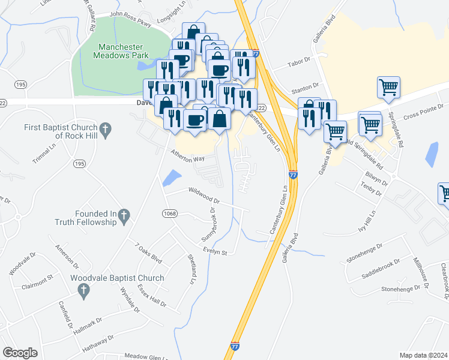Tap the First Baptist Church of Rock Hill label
60,131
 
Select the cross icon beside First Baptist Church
106,128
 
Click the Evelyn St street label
214,253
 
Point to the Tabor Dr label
298,61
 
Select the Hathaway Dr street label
97,341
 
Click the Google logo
20,353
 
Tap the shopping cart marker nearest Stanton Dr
388,87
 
